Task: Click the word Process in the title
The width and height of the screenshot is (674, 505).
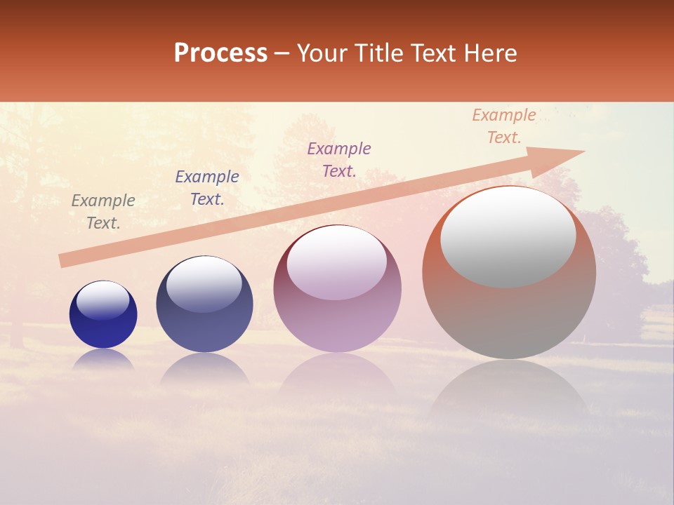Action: click(x=220, y=53)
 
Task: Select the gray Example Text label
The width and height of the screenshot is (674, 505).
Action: click(x=103, y=212)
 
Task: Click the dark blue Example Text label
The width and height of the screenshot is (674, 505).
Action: click(x=207, y=188)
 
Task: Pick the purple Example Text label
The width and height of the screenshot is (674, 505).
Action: click(x=339, y=159)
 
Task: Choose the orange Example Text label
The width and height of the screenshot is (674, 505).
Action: click(x=504, y=126)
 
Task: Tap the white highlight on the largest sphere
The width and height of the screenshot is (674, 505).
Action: click(x=508, y=237)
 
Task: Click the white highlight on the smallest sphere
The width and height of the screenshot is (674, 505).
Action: click(x=103, y=300)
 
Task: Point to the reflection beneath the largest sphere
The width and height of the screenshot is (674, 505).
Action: click(x=509, y=393)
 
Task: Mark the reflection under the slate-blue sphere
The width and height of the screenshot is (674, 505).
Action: click(x=204, y=368)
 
